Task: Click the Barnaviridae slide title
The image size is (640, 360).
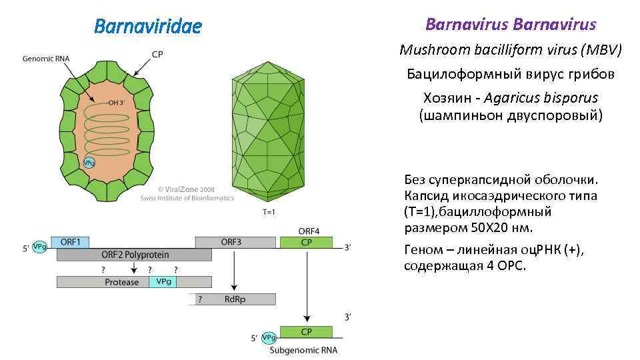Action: click(x=147, y=27)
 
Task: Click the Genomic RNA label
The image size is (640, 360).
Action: click(x=46, y=59)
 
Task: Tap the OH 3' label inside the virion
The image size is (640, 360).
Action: click(x=121, y=103)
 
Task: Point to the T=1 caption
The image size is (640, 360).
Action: click(x=268, y=213)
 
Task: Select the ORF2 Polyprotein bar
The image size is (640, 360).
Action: click(x=134, y=255)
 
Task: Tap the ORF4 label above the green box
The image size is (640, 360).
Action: click(x=309, y=231)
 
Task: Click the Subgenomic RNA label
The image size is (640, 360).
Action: click(x=303, y=350)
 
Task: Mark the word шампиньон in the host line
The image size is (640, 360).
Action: click(x=465, y=115)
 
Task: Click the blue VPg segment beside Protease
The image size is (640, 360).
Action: click(x=164, y=282)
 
